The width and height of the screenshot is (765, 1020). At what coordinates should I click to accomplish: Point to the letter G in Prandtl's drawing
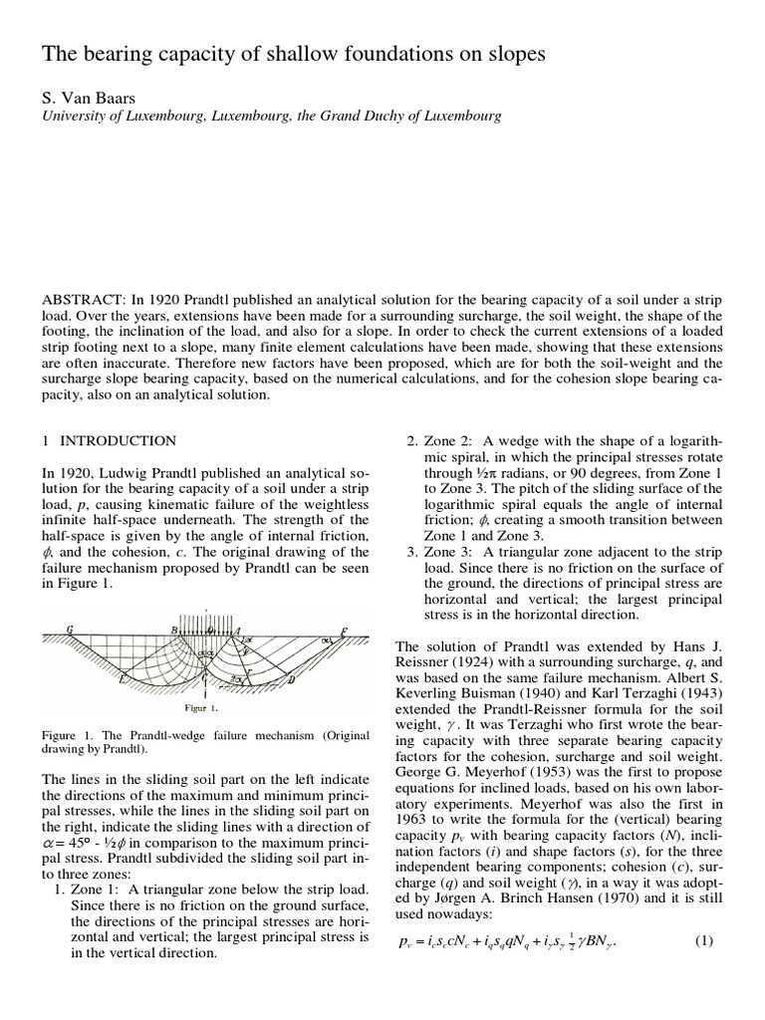70,630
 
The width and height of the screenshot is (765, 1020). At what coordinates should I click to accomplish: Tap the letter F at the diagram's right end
344,631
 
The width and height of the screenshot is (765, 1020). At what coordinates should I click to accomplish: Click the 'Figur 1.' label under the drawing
202,708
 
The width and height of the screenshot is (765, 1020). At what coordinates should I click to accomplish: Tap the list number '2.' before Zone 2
411,441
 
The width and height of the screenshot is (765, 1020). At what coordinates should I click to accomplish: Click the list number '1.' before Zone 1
59,889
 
